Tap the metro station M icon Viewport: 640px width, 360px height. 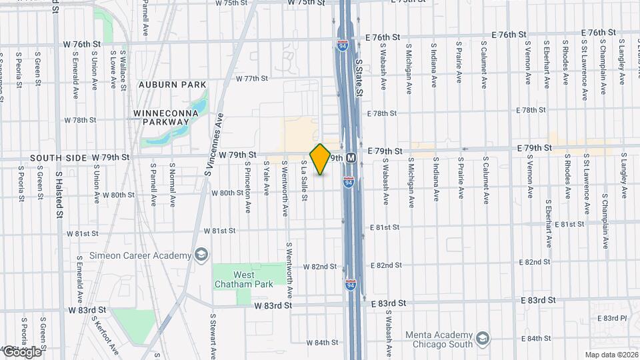(351, 159)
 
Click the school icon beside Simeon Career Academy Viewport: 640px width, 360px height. (200, 256)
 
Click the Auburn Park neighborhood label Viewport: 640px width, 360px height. (173, 85)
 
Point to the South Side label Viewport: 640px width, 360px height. (59, 157)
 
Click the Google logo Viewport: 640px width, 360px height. (21, 351)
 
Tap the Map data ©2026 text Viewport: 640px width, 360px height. (611, 354)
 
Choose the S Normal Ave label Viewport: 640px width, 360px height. (173, 181)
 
